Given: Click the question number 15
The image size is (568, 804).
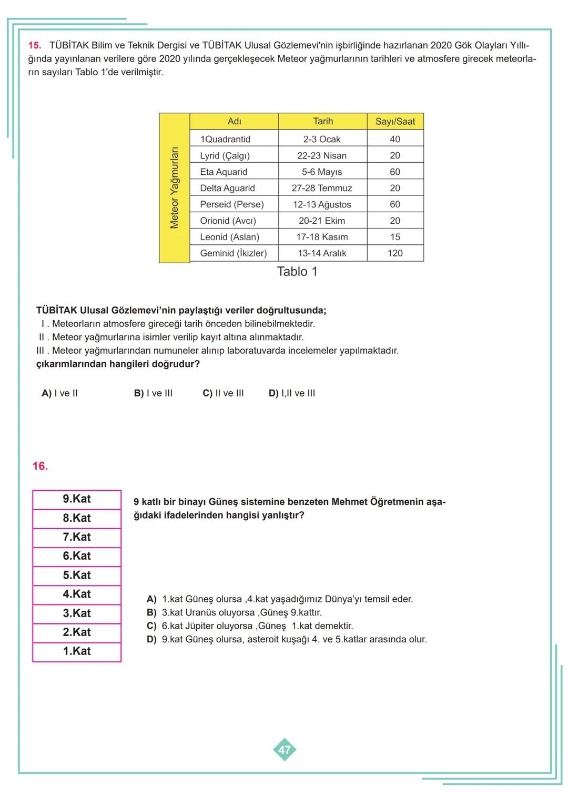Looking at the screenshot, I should (35, 45).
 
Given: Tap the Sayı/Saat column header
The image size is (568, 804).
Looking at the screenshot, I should (395, 122).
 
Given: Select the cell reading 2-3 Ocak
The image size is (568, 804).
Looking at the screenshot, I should (322, 139).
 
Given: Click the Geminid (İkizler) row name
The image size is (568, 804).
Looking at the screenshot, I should (233, 253).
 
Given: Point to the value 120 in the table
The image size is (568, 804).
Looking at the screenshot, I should (395, 253).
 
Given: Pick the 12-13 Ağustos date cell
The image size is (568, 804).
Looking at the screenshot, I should (322, 204).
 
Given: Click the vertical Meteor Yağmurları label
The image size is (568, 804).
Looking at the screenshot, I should (174, 188).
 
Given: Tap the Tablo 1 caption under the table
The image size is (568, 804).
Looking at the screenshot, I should (297, 272).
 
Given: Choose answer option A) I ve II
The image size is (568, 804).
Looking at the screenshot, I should (59, 393).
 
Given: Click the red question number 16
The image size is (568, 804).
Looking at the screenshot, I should (40, 466).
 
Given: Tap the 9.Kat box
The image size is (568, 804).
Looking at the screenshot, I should (77, 499).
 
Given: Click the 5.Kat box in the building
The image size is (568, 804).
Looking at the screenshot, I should (77, 575).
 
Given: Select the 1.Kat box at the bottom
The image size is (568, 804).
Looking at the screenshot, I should (77, 651).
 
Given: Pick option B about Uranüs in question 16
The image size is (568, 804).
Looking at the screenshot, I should (234, 613).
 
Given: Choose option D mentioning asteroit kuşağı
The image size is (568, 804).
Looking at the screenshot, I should (287, 640).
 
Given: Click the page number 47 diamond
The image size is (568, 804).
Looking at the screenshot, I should (284, 750).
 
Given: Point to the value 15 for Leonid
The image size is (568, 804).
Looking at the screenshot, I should (395, 237).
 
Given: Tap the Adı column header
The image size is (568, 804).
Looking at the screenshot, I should (234, 122).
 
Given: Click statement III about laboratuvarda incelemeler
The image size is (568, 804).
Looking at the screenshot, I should (218, 351).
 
